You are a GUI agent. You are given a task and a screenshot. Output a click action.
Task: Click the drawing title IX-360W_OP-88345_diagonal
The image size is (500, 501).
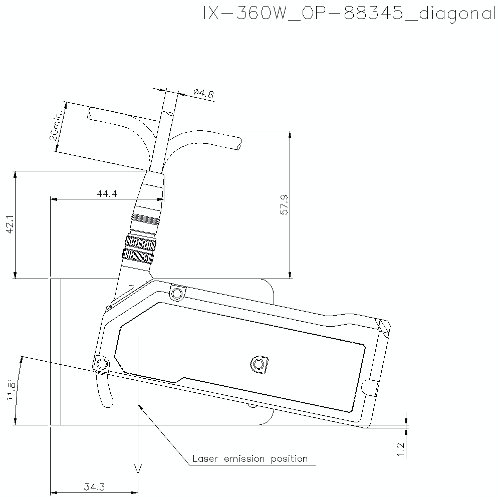tap(349, 14)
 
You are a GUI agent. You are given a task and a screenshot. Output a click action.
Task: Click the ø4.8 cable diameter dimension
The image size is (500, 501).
tap(203, 93)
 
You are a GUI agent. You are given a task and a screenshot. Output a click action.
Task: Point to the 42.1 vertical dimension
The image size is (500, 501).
tap(10, 224)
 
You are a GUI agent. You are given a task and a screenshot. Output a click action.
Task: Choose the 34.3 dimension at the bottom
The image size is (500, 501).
tap(94, 486)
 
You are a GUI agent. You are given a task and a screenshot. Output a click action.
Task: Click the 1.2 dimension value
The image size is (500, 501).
tap(400, 448)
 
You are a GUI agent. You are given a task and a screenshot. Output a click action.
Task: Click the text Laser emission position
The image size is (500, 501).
tap(250, 459)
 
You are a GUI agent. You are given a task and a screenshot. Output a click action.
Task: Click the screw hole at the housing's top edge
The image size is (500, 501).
tap(176, 293)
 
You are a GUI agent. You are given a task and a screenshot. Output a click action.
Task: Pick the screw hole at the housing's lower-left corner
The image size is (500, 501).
tap(102, 363)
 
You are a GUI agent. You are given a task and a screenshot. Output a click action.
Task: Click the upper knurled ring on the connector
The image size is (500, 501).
tap(140, 244)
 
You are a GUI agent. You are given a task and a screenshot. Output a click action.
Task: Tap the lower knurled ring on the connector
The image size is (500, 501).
tap(138, 256)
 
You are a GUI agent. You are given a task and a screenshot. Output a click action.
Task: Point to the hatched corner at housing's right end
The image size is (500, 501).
tap(384, 326)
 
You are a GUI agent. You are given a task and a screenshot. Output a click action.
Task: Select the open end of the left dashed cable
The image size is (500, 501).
tap(89, 115)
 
